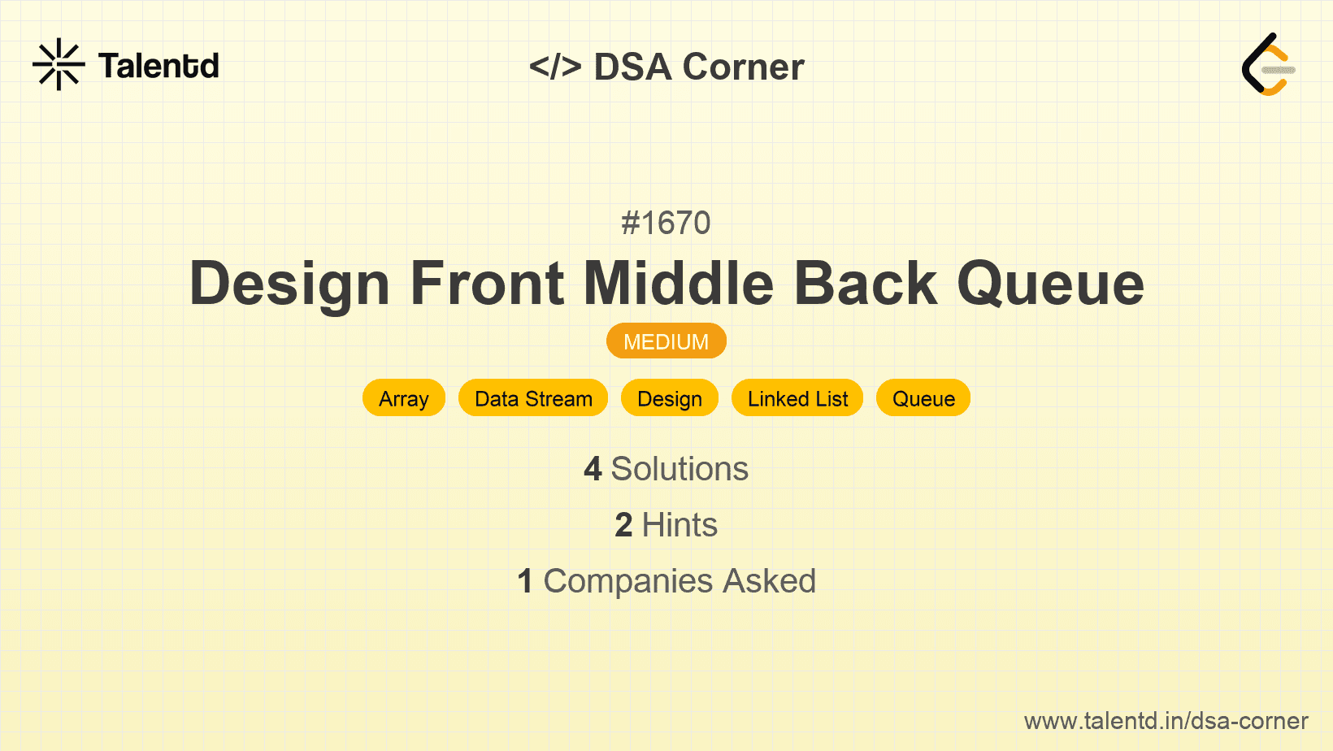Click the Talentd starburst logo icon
pos(59,64)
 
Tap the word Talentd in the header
pos(158,66)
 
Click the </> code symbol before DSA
pos(555,67)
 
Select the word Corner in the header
pos(743,67)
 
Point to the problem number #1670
pos(666,224)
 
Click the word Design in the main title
pos(290,284)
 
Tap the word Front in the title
pos(487,284)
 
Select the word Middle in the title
pos(679,283)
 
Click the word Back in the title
pos(866,283)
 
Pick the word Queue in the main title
pos(1051,284)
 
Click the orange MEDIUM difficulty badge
pos(666,341)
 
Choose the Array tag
pos(404,398)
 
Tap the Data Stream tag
pos(533,398)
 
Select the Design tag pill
pos(670,398)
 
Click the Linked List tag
pos(797,398)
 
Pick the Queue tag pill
pos(923,398)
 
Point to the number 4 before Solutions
pos(593,469)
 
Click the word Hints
pos(680,525)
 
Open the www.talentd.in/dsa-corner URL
pos(1166,721)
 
